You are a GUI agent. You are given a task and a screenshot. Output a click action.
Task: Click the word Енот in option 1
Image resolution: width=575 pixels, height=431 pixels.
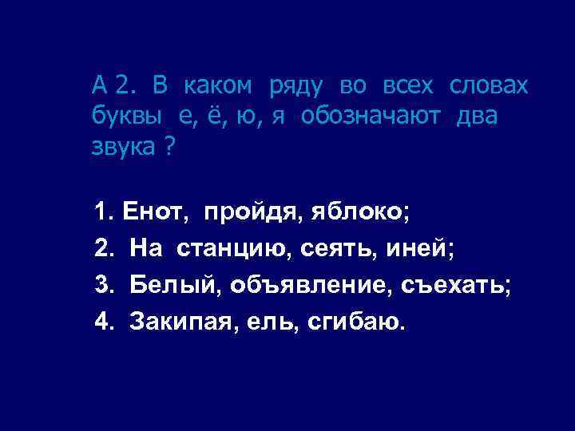click(x=156, y=213)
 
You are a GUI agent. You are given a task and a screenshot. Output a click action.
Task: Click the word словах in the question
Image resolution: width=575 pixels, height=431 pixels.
click(x=488, y=85)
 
